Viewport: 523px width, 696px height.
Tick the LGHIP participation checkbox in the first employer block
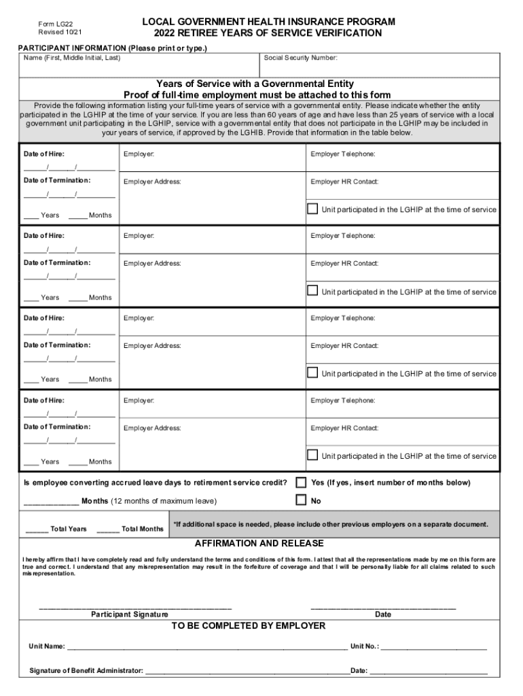click(x=312, y=209)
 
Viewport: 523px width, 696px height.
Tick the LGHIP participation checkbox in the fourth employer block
click(x=312, y=455)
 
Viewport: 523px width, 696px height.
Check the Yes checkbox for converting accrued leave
click(x=301, y=483)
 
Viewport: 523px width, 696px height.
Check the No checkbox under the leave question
click(x=301, y=500)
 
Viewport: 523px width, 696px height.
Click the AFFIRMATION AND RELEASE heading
click(x=259, y=544)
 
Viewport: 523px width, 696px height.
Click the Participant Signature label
click(x=130, y=614)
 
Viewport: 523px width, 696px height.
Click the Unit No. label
click(x=364, y=646)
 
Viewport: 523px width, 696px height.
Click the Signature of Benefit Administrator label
click(x=86, y=671)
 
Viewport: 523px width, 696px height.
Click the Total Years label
click(x=69, y=529)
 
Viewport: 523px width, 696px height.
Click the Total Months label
click(x=142, y=529)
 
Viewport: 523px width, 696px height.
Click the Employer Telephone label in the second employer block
click(x=343, y=236)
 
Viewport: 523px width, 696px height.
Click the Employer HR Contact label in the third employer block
click(x=344, y=346)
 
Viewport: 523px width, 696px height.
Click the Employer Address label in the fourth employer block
click(x=152, y=428)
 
